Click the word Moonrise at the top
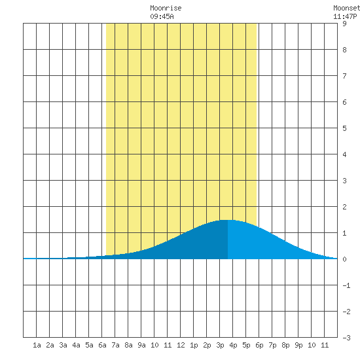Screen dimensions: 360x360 (166, 8)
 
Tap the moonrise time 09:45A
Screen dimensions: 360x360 (162, 16)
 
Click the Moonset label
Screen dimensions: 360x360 (347, 8)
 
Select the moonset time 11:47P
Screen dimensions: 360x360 (345, 16)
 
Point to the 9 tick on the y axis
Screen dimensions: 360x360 (344, 24)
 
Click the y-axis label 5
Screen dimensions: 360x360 (344, 128)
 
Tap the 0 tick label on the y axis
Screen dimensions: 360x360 (344, 259)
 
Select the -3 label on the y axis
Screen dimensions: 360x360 (346, 338)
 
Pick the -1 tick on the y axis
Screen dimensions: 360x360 (346, 285)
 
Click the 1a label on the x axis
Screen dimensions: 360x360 (37, 345)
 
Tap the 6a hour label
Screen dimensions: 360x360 (102, 345)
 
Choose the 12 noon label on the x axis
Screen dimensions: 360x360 (181, 345)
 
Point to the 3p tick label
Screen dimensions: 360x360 (220, 345)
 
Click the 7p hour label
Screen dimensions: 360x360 (272, 345)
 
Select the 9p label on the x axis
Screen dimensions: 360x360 (298, 345)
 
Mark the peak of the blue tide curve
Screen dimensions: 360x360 (228, 220)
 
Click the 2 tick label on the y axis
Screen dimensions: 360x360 (344, 207)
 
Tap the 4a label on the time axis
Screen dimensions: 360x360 (76, 345)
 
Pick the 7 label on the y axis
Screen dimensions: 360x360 (344, 76)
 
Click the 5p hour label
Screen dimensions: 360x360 (246, 345)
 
